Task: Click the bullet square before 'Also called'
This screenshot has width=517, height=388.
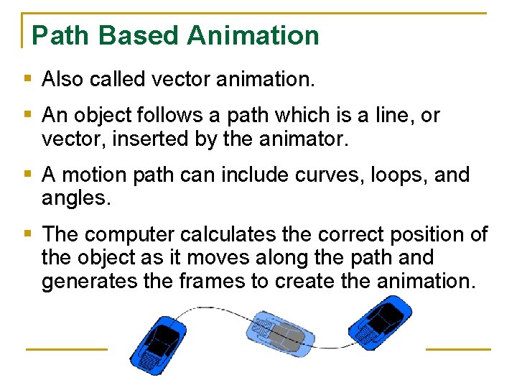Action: tap(27, 78)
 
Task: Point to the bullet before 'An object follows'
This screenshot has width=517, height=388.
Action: tap(27, 114)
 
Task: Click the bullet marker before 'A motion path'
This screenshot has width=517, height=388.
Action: tap(27, 173)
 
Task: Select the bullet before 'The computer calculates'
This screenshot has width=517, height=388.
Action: tap(27, 234)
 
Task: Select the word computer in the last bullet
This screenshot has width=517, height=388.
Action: tap(131, 235)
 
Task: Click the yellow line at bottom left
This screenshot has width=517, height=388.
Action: tap(66, 349)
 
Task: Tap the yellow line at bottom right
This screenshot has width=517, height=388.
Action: tap(458, 349)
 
